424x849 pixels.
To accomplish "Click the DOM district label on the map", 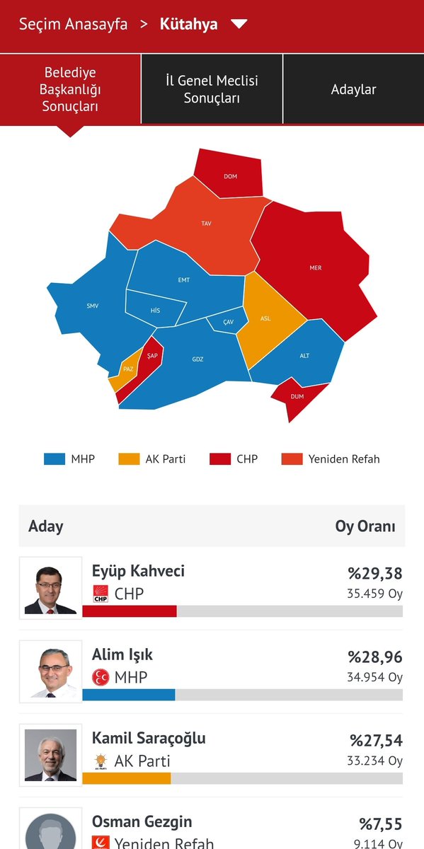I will tap(230, 176).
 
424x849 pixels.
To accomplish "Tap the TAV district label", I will tap(206, 224).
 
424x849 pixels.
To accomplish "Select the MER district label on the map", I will tap(315, 268).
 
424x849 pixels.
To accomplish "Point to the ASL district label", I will tap(265, 318).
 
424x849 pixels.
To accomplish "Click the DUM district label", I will tap(297, 396).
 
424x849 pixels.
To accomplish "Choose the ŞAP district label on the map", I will tap(152, 356).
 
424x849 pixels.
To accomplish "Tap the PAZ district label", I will tap(128, 369).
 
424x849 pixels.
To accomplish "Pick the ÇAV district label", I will tap(228, 322).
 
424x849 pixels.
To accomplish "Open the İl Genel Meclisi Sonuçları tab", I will tap(212, 89).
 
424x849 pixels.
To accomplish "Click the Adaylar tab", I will tap(353, 89).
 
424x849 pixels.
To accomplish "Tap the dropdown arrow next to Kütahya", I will tap(239, 24).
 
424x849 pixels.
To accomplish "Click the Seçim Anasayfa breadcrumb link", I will tap(74, 24).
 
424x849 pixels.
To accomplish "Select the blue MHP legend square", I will tap(55, 458).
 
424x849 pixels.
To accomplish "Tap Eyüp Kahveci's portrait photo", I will tap(50, 588).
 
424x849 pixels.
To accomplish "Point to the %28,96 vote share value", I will tap(374, 657).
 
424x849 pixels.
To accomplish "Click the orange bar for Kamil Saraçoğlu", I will tap(127, 778).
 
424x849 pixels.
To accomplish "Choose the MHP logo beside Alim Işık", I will tap(101, 677).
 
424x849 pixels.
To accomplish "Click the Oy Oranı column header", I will tap(365, 526).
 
